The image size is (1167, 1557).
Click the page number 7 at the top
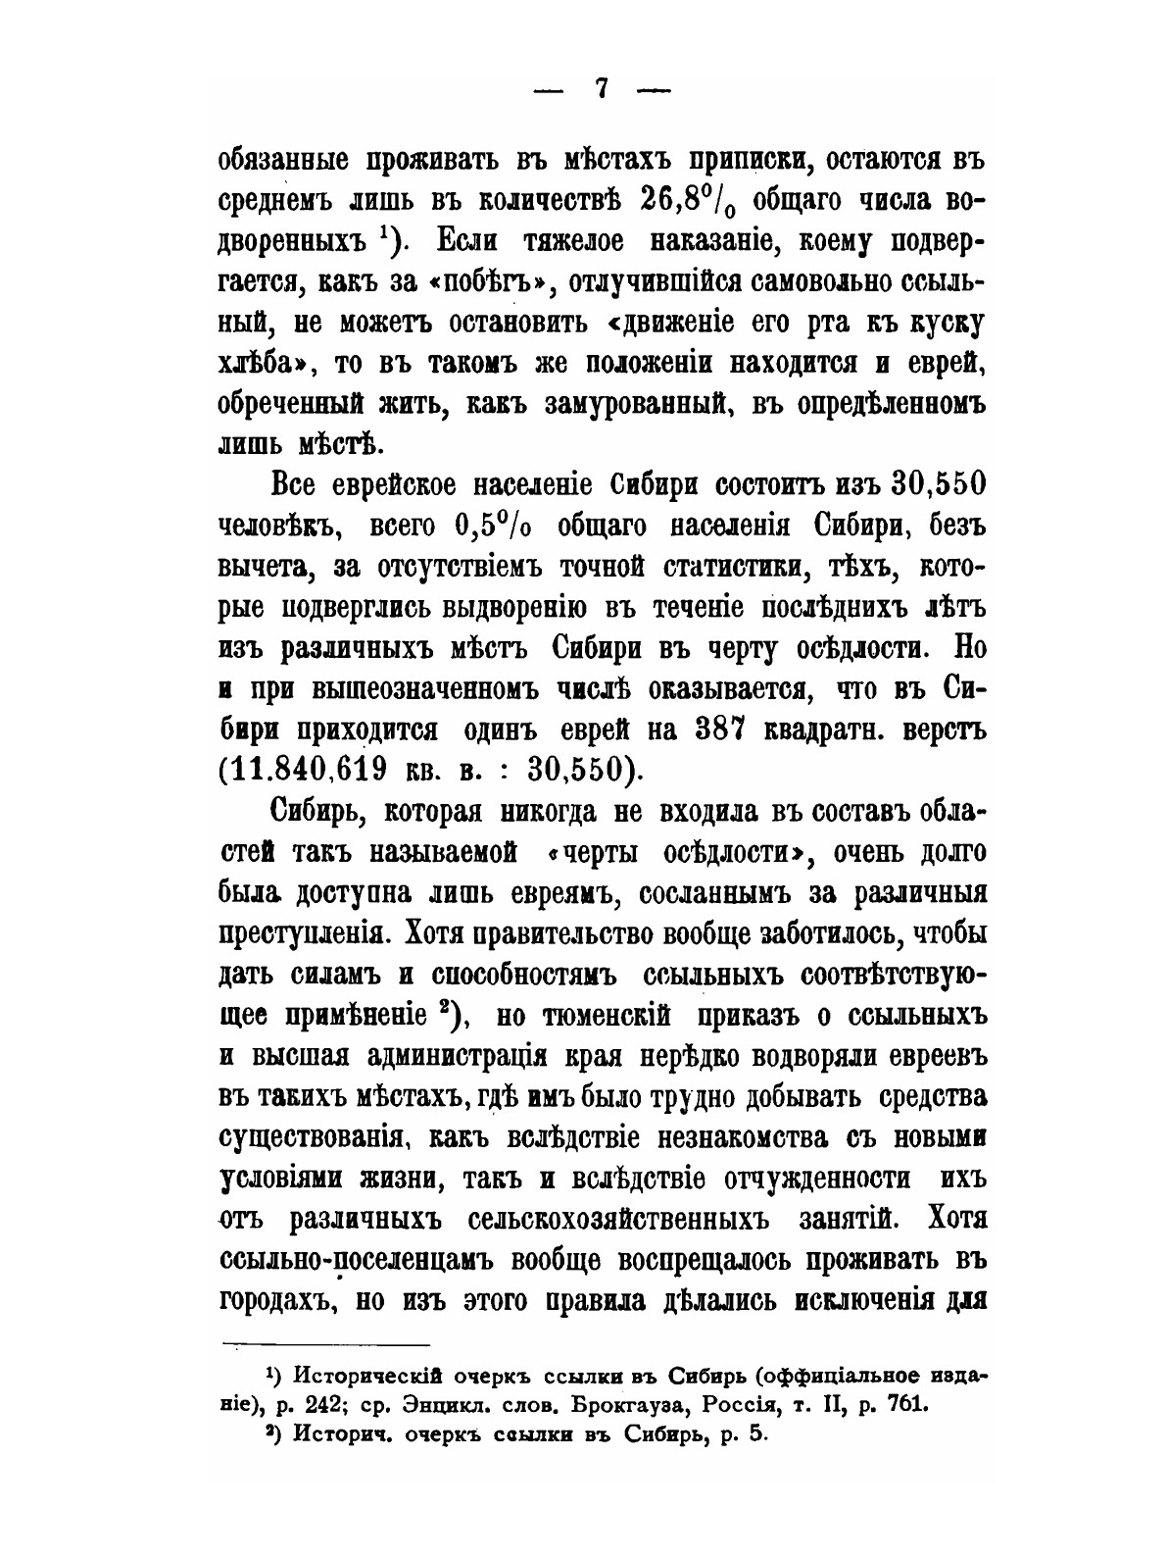pos(601,89)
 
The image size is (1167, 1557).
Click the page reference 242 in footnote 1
pos(324,1404)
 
